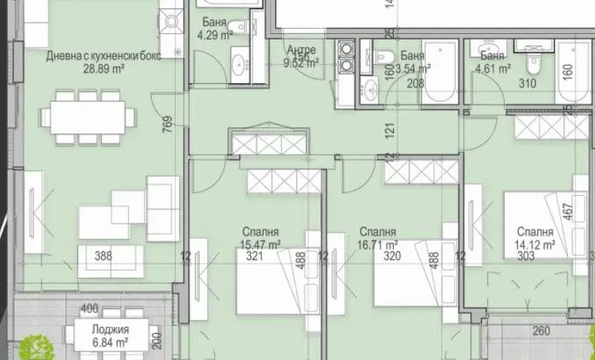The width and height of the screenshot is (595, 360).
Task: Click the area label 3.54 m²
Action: click(x=415, y=69)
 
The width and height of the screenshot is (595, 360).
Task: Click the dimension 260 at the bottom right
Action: click(x=542, y=332)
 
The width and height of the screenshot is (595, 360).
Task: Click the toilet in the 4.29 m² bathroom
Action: click(x=240, y=27)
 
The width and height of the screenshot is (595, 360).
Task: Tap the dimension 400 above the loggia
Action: click(x=90, y=309)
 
